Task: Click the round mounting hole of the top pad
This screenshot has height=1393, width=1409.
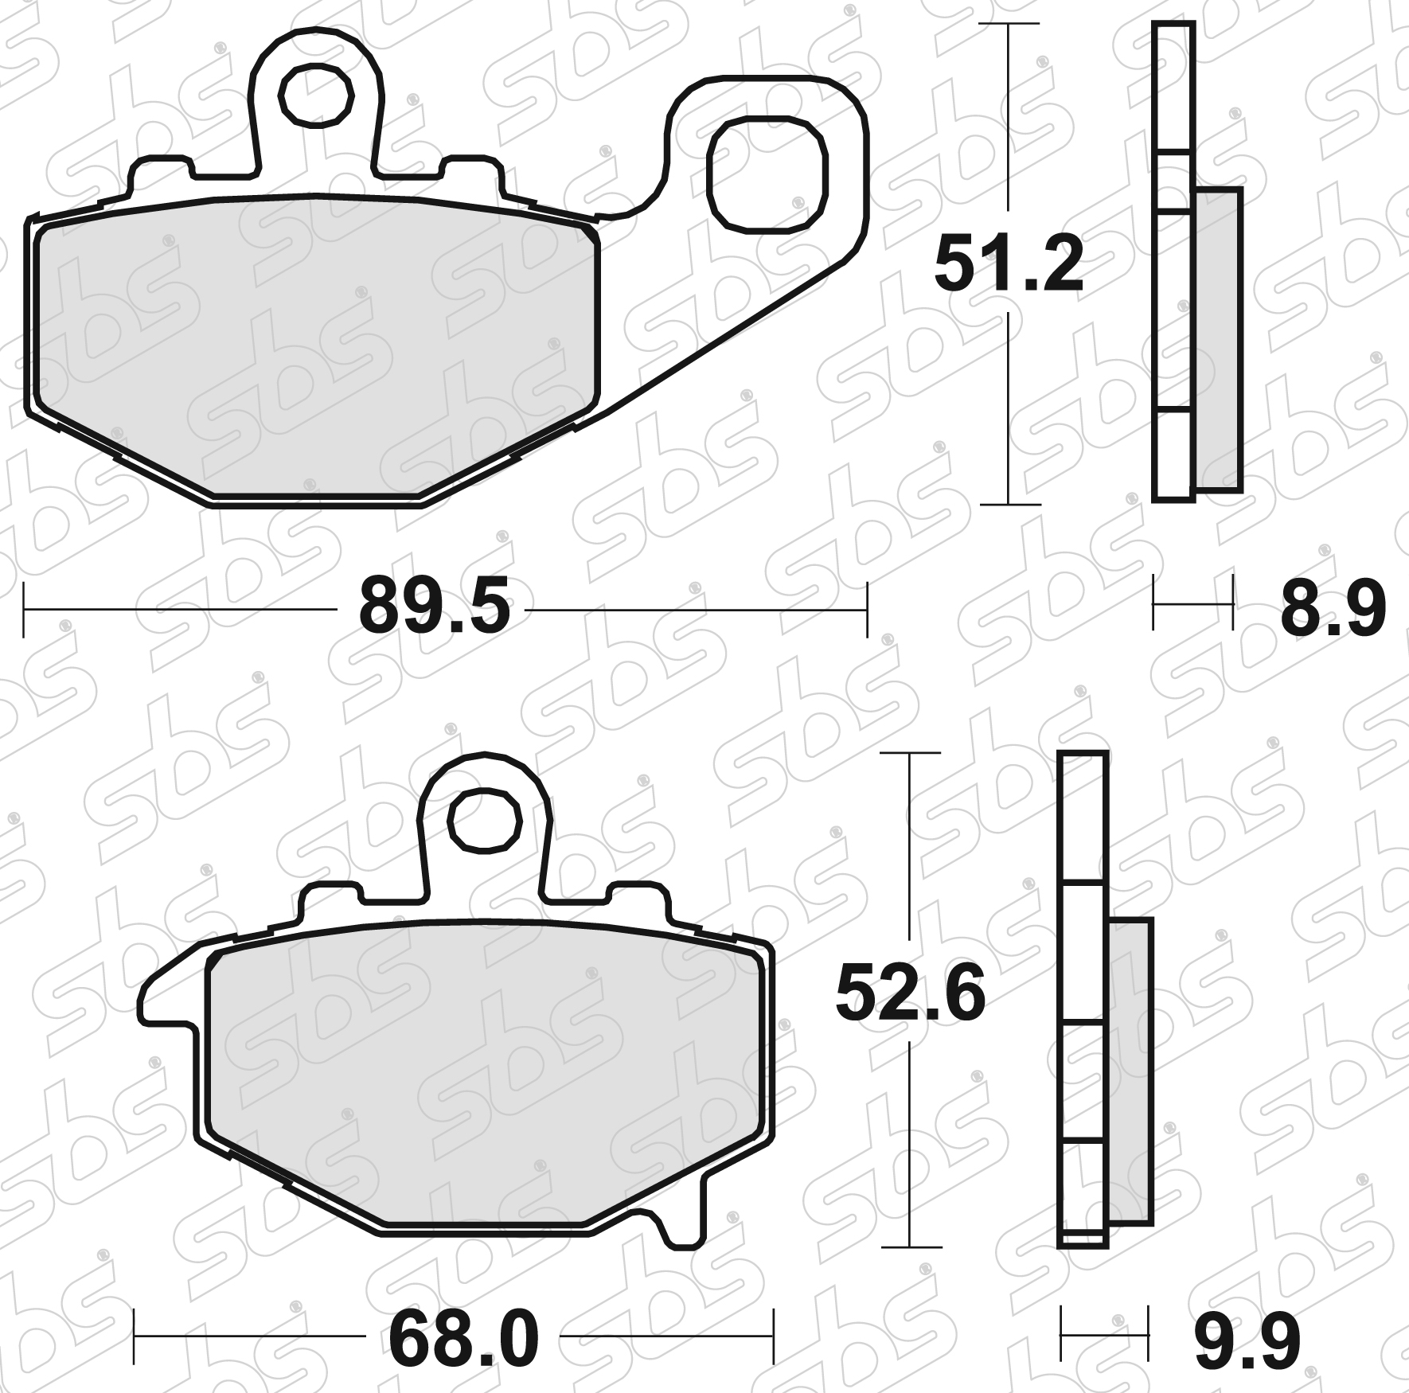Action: (317, 95)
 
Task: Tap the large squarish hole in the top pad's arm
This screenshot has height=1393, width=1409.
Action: (767, 174)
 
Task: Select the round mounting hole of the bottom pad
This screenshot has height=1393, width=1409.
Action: (485, 822)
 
